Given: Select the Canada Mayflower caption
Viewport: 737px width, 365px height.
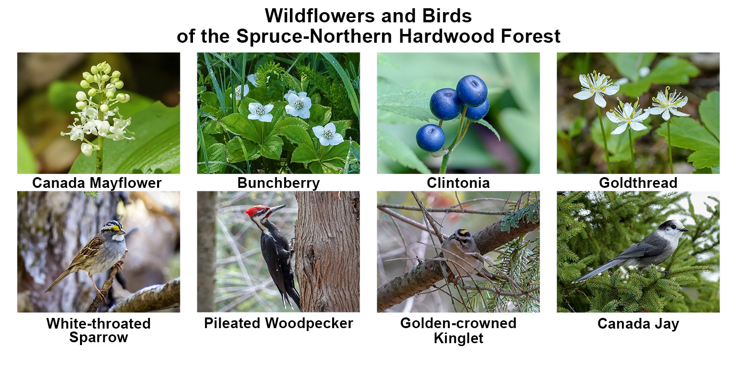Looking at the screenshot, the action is (97, 183).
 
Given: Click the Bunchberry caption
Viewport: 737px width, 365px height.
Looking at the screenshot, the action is (278, 183).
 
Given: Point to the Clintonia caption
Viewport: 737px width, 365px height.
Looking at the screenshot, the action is (458, 183).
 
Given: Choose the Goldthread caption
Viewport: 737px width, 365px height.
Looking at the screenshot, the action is (638, 183).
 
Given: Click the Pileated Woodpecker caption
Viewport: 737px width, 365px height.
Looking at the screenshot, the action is (278, 323).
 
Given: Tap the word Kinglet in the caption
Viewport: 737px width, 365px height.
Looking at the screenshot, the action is (458, 338).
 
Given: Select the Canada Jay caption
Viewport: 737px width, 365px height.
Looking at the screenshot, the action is (638, 324).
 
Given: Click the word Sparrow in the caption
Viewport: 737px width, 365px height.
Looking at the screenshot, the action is (98, 338).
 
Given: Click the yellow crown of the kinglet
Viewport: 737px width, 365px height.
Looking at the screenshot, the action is (464, 232).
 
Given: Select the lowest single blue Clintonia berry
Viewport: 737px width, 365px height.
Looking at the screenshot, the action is (431, 138).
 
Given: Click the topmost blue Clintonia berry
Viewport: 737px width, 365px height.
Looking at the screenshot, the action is (471, 90).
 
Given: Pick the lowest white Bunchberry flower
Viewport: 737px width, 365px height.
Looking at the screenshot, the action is (328, 134).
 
